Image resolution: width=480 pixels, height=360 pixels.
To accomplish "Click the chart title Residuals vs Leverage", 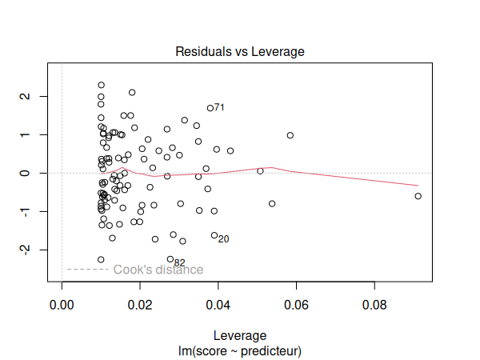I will tap(240, 51).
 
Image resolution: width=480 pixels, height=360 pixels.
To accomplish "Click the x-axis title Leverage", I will tap(240, 336).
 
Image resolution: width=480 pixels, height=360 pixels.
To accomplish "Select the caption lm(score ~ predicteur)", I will tap(240, 350).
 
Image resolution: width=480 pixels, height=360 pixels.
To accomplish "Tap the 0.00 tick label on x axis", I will tap(62, 306).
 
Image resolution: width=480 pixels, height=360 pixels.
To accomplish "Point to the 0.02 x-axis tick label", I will tap(140, 306).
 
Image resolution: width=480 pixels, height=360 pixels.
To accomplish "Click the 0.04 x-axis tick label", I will tap(218, 306).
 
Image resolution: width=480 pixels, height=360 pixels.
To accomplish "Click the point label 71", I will tap(219, 107).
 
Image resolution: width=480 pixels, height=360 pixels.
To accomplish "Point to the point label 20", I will tap(223, 239).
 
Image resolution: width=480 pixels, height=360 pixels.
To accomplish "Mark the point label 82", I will tap(179, 262).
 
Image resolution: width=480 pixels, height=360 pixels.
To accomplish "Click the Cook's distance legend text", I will tap(158, 270).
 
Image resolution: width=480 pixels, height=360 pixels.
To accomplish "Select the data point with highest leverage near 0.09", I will tap(418, 196).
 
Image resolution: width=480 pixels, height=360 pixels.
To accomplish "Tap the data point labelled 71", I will tap(210, 108).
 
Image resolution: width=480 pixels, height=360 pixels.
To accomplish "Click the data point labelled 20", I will tap(214, 235).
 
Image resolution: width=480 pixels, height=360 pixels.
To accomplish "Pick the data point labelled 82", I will tap(170, 259).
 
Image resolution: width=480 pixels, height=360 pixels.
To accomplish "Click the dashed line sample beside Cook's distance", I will tap(87, 270).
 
